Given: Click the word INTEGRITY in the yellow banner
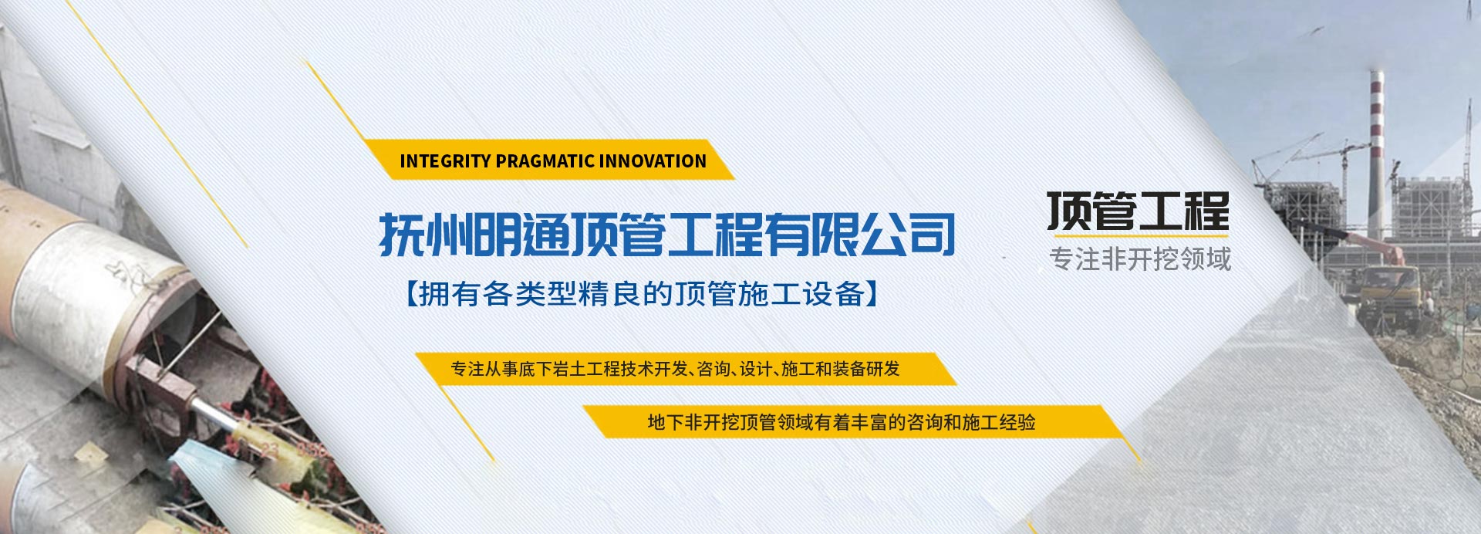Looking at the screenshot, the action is pyautogui.click(x=445, y=161).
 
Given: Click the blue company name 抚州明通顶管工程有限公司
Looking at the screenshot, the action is pyautogui.click(x=667, y=235).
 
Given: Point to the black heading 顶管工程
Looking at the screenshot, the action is pyautogui.click(x=1139, y=211).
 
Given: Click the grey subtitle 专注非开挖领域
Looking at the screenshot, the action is pyautogui.click(x=1140, y=259).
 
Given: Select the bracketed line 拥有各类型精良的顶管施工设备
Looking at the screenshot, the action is pyautogui.click(x=642, y=295).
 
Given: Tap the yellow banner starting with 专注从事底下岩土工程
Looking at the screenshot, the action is pyautogui.click(x=686, y=369).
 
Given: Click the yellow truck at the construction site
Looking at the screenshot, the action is pyautogui.click(x=1388, y=289).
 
